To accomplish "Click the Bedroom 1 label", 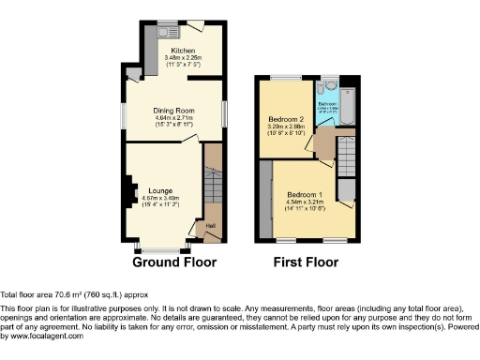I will pyautogui.click(x=306, y=193).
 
